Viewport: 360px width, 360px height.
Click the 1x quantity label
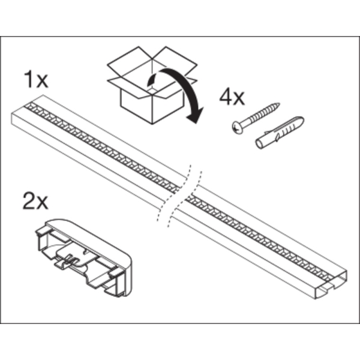pyautogui.click(x=36, y=79)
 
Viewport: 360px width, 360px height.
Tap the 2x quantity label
pyautogui.click(x=35, y=201)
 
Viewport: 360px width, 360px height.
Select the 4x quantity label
pyautogui.click(x=232, y=97)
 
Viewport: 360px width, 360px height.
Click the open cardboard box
pyautogui.click(x=152, y=85)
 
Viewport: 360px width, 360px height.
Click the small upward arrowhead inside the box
pyautogui.click(x=151, y=78)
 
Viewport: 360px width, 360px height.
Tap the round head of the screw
pyautogui.click(x=238, y=128)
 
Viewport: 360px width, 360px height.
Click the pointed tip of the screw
pyautogui.click(x=278, y=104)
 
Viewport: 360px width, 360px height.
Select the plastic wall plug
pyautogui.click(x=280, y=133)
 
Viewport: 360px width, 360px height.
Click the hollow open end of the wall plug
pyautogui.click(x=260, y=144)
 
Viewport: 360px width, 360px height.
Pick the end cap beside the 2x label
pyautogui.click(x=84, y=257)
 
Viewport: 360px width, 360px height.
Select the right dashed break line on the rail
pyautogui.click(x=185, y=199)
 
